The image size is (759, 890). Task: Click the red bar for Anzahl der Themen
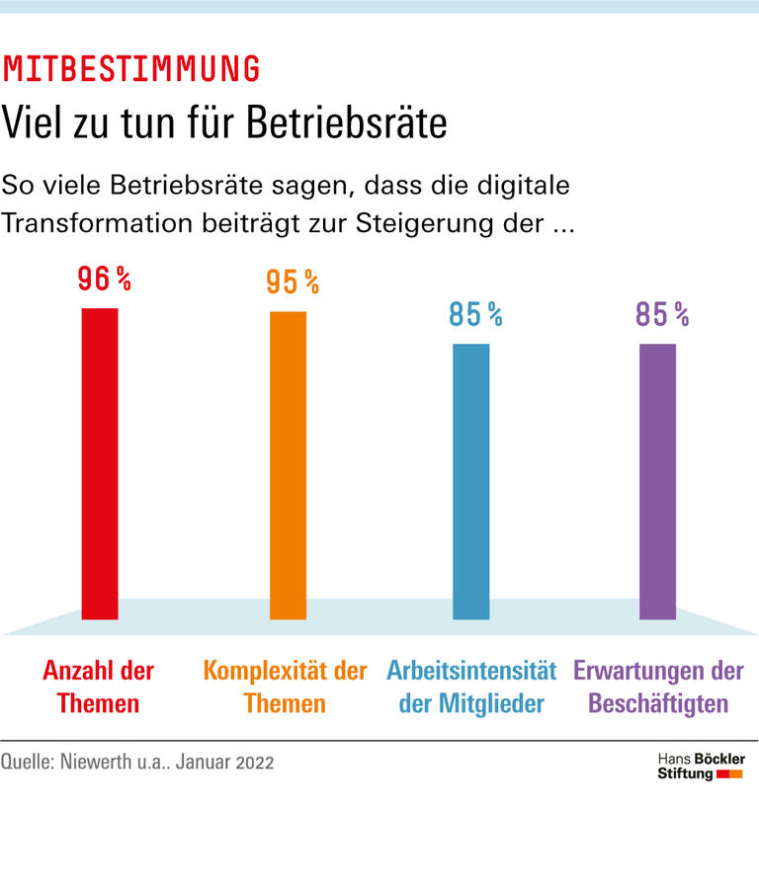(99, 463)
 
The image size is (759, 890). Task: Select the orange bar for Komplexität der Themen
(288, 465)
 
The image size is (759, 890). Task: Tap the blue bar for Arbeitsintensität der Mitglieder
(470, 481)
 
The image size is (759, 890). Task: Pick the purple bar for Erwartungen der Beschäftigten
(657, 481)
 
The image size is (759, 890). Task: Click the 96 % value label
(104, 281)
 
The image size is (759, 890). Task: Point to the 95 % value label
(292, 283)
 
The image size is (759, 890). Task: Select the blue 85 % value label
(475, 315)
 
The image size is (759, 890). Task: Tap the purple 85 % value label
(661, 315)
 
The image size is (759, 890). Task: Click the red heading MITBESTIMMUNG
(131, 69)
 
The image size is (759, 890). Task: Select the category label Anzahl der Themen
(99, 688)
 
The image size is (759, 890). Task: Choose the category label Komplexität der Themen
(285, 688)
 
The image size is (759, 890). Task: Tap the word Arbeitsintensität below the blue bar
(471, 672)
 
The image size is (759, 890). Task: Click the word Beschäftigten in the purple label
(658, 704)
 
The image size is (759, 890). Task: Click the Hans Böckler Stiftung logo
(702, 766)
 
